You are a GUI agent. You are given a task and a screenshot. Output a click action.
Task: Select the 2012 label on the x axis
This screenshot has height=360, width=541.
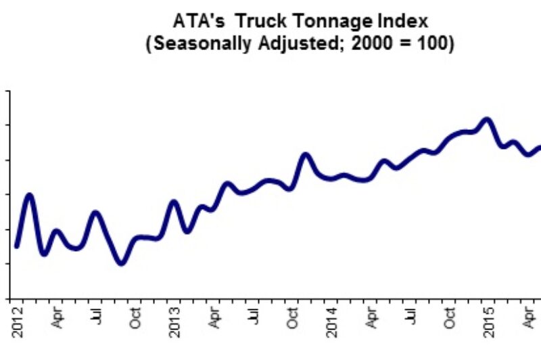tap(18, 322)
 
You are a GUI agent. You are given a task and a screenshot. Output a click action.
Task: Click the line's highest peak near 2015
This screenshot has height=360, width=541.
tap(486, 120)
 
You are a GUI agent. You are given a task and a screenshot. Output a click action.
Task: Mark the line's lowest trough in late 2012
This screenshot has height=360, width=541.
tap(122, 263)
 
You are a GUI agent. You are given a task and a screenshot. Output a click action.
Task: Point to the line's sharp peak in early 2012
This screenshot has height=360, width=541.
tap(29, 196)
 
